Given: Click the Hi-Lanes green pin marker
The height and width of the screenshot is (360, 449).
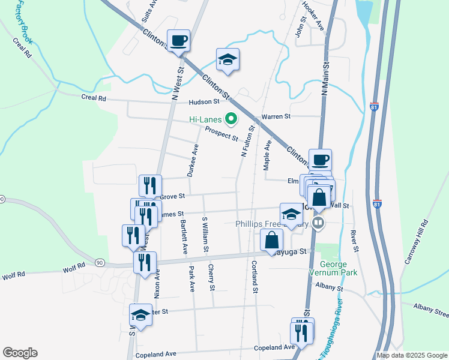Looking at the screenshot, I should click(x=229, y=119).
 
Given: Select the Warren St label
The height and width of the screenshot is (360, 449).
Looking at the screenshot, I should click(x=276, y=116).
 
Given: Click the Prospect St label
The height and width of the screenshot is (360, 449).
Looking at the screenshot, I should click(x=221, y=133).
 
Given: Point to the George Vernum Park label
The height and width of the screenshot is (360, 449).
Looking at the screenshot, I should click(x=339, y=268).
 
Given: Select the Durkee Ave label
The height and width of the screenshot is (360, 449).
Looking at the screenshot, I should click(x=191, y=161).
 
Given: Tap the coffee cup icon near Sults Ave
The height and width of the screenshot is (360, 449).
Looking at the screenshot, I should click(x=179, y=41).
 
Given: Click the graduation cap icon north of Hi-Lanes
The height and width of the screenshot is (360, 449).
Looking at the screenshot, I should click(x=228, y=59).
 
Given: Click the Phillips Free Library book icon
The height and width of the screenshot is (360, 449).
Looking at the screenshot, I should click(x=319, y=224).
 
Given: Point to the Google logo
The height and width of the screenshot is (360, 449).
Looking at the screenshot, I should click(x=20, y=353).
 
